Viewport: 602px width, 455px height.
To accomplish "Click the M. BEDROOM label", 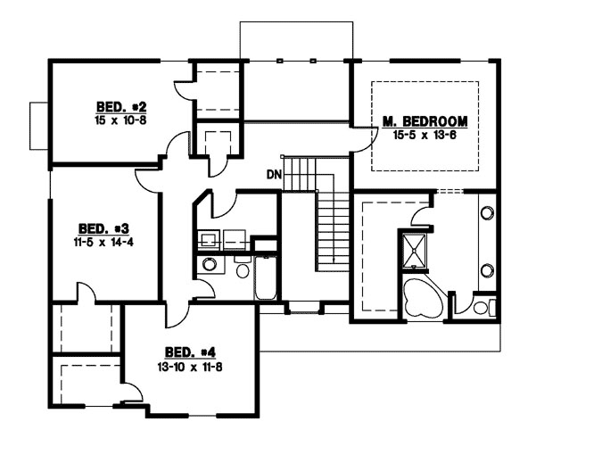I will coord(425,120).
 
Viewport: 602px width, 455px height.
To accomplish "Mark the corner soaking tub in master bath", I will coord(421,297).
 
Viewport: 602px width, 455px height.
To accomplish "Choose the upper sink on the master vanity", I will coord(488,213).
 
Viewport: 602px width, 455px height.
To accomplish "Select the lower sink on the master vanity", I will coord(488,269).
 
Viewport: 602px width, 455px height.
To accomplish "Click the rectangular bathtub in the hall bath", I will coord(265,276).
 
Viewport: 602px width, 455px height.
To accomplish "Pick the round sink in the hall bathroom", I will coord(209,264).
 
